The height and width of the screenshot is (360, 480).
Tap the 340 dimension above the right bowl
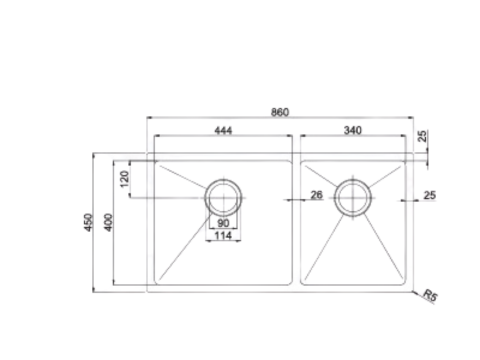[x=351, y=130]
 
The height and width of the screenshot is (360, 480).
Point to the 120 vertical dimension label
[x=125, y=180]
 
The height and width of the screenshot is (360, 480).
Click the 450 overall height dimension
[x=88, y=222]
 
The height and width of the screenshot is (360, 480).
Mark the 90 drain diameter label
[x=222, y=222]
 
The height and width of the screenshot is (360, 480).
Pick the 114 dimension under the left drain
[x=222, y=237]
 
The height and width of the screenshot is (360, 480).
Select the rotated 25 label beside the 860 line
[x=423, y=135]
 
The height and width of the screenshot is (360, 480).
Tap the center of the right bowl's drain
[x=352, y=195]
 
